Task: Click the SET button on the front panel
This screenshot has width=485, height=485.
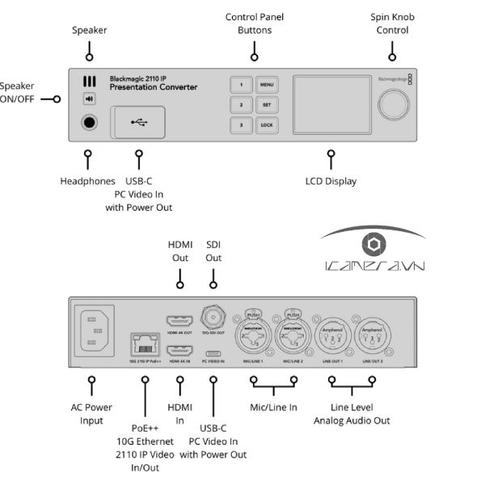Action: [x=266, y=104]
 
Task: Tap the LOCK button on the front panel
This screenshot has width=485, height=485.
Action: [x=266, y=125]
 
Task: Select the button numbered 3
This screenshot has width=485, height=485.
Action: [x=240, y=125]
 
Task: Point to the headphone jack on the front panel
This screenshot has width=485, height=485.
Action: [x=88, y=124]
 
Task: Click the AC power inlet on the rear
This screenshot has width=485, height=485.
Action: [x=95, y=331]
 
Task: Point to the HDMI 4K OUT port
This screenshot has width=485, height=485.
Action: [x=179, y=320]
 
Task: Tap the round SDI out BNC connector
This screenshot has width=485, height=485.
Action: [x=213, y=317]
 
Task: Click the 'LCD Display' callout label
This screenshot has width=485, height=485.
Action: [x=330, y=182]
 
